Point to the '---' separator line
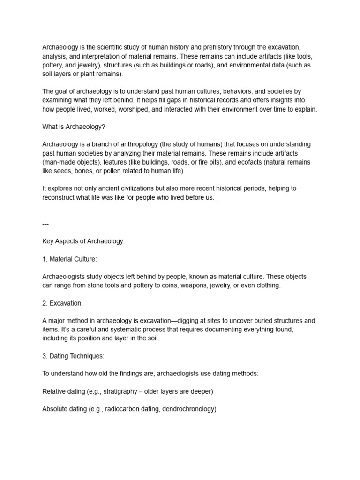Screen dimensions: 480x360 45,224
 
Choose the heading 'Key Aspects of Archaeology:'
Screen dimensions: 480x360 83,241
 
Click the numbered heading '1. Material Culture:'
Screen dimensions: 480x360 69,259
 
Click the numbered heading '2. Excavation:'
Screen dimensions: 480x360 62,303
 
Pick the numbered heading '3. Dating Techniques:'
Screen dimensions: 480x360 73,356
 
